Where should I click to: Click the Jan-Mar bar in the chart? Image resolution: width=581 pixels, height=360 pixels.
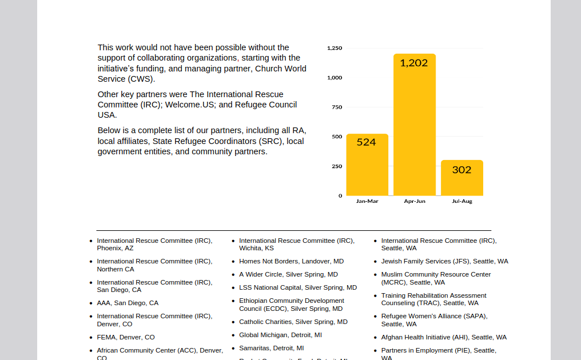click(x=367, y=165)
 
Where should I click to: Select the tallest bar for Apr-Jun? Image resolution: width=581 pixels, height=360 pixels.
click(x=415, y=125)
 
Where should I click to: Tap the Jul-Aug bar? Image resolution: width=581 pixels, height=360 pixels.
click(x=462, y=178)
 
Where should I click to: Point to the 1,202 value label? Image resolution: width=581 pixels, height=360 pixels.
click(x=414, y=63)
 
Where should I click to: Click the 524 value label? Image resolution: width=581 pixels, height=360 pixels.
click(x=366, y=142)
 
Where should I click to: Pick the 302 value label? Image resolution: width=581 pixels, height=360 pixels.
click(x=461, y=170)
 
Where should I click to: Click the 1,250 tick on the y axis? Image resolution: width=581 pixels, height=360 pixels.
click(x=335, y=48)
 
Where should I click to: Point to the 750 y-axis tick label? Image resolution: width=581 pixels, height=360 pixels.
click(x=337, y=107)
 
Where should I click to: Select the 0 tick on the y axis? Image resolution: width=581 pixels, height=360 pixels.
click(x=340, y=196)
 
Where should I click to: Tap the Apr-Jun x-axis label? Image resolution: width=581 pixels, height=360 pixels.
click(x=415, y=201)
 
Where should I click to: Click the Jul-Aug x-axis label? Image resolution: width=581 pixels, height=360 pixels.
click(x=462, y=201)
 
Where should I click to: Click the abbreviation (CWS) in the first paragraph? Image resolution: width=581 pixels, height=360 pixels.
click(x=141, y=79)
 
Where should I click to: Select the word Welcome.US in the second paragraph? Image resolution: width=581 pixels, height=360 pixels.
click(x=190, y=105)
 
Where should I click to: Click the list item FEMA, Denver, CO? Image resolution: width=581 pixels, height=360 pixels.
click(x=126, y=337)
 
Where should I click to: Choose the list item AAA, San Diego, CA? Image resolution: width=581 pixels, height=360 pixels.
click(x=128, y=303)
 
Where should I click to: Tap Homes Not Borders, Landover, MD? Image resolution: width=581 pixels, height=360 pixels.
click(x=291, y=262)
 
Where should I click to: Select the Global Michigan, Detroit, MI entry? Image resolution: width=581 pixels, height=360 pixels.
click(x=280, y=335)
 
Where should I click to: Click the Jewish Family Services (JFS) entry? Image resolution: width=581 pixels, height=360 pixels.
click(x=445, y=262)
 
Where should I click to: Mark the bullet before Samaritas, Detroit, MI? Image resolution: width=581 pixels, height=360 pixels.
click(x=233, y=349)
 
